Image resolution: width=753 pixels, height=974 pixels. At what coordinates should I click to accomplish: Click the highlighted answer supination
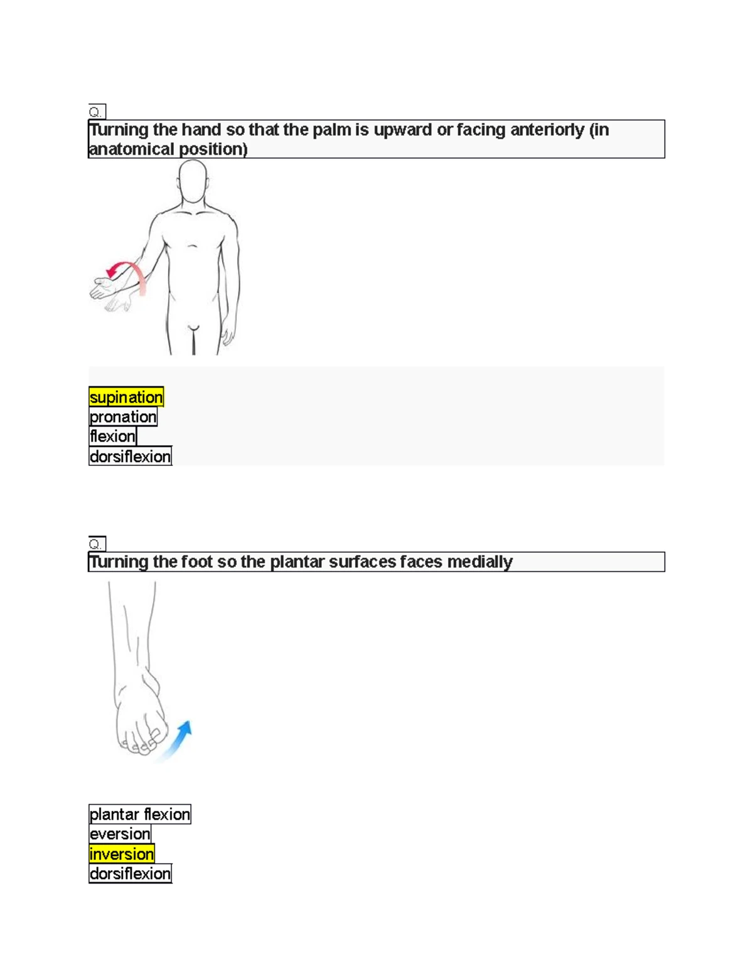pyautogui.click(x=126, y=396)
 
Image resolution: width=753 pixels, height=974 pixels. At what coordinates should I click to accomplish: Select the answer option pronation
pyautogui.click(x=123, y=416)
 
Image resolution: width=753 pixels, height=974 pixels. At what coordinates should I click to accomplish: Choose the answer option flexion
pyautogui.click(x=112, y=436)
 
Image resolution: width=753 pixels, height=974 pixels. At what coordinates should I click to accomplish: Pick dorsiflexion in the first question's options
pyautogui.click(x=130, y=457)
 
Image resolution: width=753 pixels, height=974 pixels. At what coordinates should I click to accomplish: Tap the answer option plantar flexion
pyautogui.click(x=140, y=814)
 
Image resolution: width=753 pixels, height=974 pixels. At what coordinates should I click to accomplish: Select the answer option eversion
pyautogui.click(x=120, y=834)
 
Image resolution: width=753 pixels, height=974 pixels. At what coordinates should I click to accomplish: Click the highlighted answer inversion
pyautogui.click(x=122, y=854)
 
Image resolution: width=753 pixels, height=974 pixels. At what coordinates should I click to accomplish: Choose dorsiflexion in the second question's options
pyautogui.click(x=130, y=874)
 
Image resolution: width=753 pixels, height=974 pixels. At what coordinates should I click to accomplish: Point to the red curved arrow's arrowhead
pyautogui.click(x=112, y=271)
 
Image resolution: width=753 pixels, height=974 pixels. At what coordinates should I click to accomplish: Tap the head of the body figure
pyautogui.click(x=193, y=181)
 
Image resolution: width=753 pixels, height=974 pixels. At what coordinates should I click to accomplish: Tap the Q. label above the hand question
pyautogui.click(x=97, y=112)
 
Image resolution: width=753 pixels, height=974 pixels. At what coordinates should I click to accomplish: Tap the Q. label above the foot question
pyautogui.click(x=97, y=544)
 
